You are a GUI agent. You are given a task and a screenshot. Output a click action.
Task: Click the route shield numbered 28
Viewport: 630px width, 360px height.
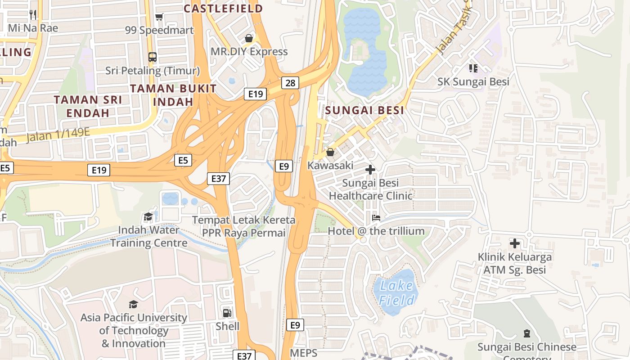coord(291,83)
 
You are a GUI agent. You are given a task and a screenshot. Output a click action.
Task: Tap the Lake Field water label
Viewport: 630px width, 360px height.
coord(396,292)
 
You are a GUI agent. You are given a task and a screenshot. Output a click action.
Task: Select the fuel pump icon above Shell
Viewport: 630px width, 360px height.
coord(228,313)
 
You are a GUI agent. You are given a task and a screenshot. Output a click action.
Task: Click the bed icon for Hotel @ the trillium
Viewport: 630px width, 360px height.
coord(376,218)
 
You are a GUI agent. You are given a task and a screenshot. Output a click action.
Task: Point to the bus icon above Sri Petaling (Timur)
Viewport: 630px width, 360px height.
coord(153,57)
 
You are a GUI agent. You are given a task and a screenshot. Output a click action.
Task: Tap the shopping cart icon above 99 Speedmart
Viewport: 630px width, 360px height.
coord(159,17)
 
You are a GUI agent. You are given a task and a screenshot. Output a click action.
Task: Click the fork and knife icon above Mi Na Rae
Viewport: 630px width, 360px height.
coord(33,14)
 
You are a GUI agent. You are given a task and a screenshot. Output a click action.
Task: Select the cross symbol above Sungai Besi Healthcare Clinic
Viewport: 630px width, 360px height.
coord(370,170)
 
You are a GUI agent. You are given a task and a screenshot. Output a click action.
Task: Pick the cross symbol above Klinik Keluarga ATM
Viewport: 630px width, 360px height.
coord(515,243)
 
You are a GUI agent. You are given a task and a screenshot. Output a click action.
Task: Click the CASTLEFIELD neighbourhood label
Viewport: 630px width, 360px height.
coord(223,8)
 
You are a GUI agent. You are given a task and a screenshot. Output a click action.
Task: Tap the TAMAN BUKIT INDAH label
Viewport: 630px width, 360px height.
coord(173,95)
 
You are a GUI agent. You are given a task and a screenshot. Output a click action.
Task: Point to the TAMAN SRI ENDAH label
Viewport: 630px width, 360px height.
coord(88,106)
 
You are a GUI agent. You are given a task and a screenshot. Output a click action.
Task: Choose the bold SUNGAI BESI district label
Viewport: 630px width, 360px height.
coord(364,110)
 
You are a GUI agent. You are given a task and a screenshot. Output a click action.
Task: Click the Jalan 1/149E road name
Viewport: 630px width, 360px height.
coord(58,134)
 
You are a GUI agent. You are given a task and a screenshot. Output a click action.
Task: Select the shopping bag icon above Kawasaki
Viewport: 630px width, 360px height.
coord(330,152)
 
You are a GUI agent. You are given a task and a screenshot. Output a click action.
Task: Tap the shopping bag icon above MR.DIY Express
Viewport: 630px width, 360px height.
coord(249,38)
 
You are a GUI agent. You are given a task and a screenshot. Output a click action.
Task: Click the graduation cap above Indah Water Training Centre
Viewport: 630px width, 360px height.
coord(148,217)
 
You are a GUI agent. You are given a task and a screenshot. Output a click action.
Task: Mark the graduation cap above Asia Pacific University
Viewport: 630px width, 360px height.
coord(133,304)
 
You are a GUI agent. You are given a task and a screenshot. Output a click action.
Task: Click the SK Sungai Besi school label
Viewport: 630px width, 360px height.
coord(473,81)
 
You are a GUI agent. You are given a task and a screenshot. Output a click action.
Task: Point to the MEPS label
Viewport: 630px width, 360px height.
coord(303,353)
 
